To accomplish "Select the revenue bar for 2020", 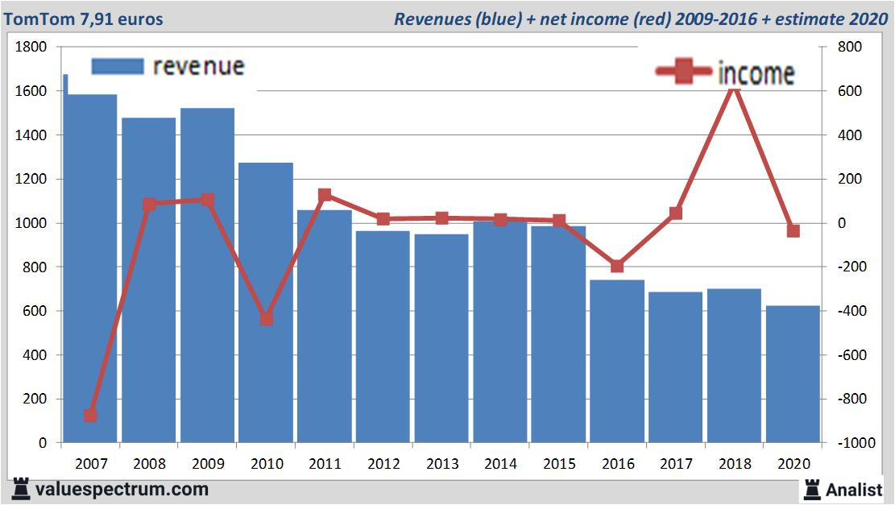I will tap(793, 375).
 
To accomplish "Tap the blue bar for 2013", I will tap(441, 338).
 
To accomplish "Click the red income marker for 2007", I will tap(90, 416).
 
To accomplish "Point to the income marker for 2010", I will tap(267, 319).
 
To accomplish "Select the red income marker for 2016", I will tap(617, 266).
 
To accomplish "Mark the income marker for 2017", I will tap(676, 213).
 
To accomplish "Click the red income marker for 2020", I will tap(793, 231).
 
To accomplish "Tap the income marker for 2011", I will tap(325, 195).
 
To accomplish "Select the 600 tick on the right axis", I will tap(851, 92).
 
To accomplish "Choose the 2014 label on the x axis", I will tap(500, 465).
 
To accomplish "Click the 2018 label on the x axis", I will tap(734, 465).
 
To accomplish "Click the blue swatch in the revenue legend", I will tap(117, 66).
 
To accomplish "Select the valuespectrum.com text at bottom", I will tap(121, 489).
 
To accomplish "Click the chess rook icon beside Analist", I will tap(812, 489).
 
